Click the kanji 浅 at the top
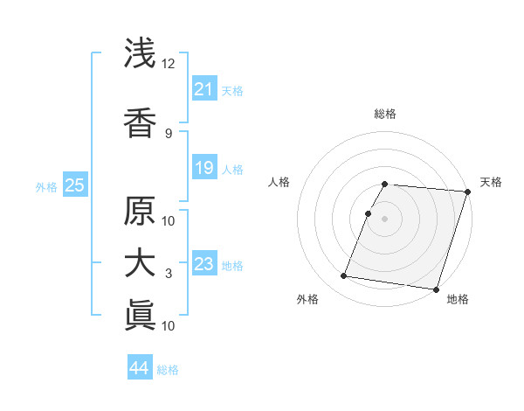141,53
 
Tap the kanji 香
141,122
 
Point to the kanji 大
141,263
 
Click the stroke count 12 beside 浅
169,64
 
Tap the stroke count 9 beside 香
169,133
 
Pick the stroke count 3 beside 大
169,274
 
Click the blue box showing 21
203,89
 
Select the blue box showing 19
203,167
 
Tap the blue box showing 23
203,263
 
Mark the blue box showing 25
74,185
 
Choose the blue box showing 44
139,368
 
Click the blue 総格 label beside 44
168,370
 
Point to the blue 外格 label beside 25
46,186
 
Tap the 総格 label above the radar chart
385,114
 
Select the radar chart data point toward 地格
436,289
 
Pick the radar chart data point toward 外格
343,276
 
